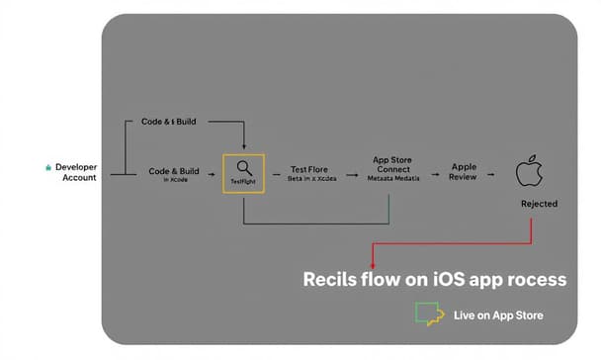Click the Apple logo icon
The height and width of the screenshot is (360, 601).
(x=531, y=170)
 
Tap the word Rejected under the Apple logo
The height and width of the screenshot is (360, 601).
(x=539, y=204)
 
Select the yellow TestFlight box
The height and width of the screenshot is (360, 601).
(x=243, y=173)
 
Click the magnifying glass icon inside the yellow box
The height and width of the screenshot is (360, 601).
(x=243, y=167)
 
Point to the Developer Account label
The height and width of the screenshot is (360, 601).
(x=76, y=172)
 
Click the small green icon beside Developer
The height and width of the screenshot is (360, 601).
(x=48, y=168)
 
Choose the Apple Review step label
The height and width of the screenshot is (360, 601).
(x=464, y=171)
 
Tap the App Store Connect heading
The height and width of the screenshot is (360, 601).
(x=391, y=164)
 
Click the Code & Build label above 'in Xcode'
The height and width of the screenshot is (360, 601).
(x=173, y=171)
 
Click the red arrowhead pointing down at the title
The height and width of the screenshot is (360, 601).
(x=373, y=265)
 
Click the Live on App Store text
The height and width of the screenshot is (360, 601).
(x=498, y=315)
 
